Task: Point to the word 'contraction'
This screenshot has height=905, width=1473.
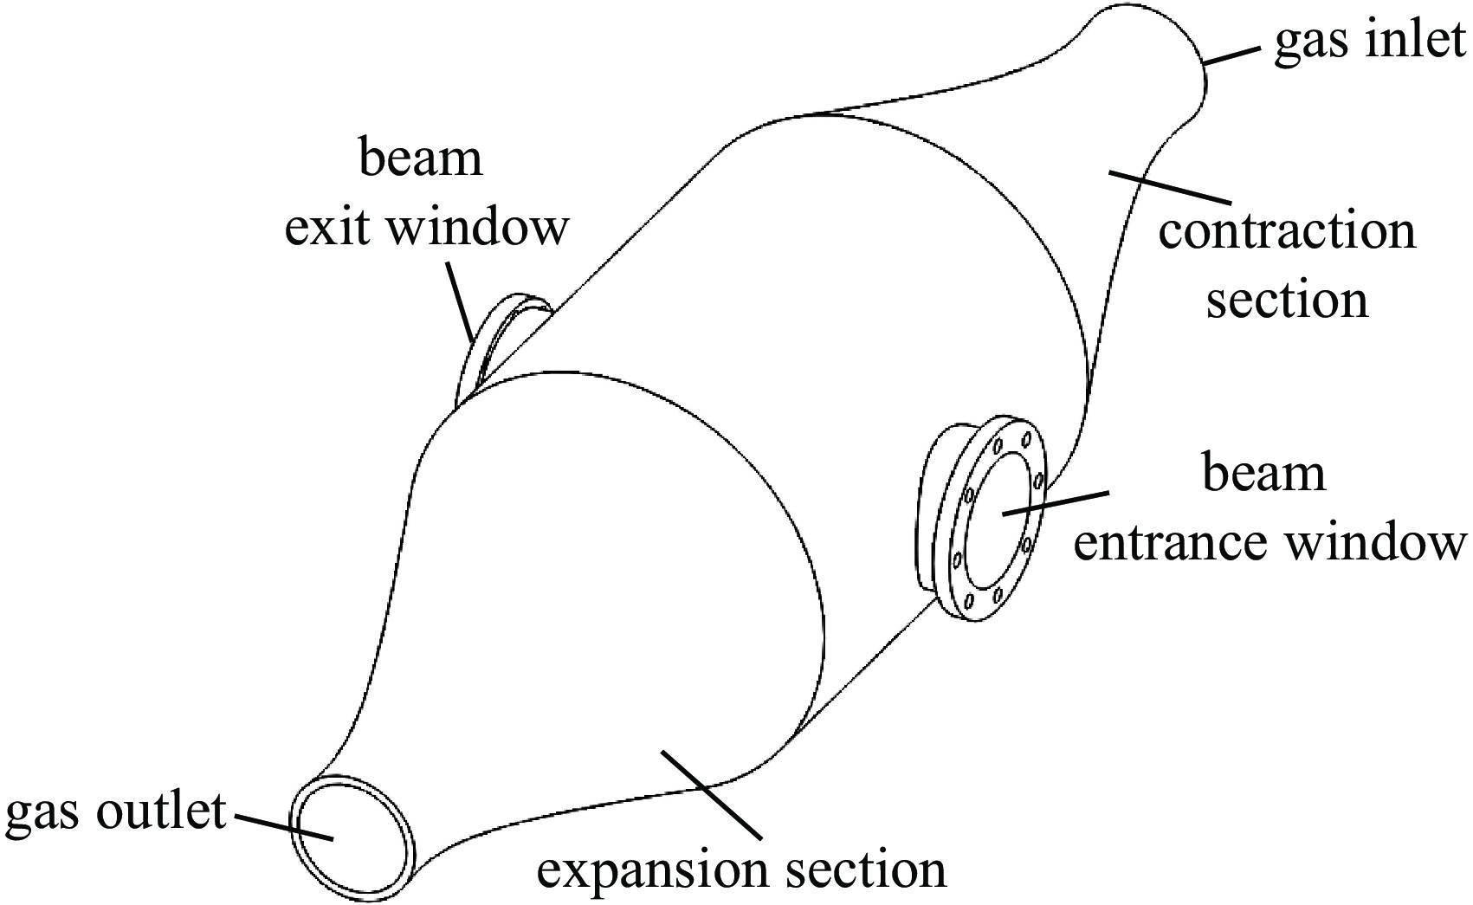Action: (x=1287, y=232)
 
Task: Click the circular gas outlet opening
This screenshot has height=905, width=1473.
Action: (x=352, y=822)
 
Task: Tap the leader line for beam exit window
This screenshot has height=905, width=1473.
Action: (x=462, y=303)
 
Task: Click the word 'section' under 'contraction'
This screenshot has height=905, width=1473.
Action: (x=1287, y=300)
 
